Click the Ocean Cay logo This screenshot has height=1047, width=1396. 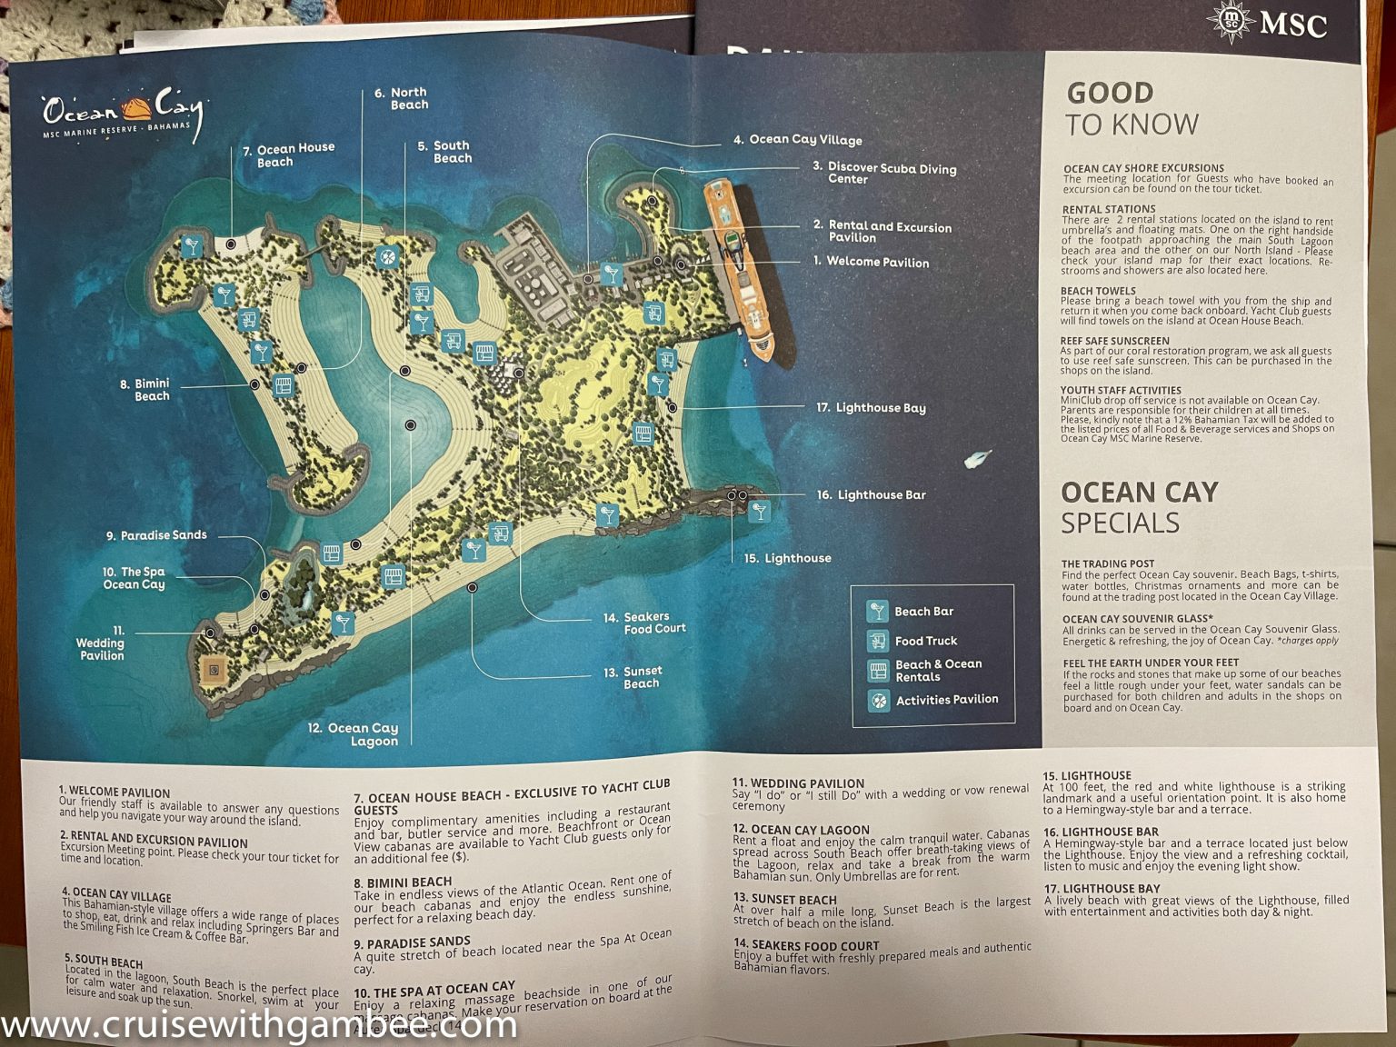click(122, 113)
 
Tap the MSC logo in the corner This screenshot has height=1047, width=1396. click(1268, 24)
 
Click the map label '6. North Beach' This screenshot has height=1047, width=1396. click(402, 98)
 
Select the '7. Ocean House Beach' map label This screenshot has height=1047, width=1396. click(289, 155)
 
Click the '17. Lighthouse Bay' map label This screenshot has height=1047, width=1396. click(871, 407)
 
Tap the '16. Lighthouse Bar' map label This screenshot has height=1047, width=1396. click(872, 494)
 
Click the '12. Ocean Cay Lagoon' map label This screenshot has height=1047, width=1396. click(354, 733)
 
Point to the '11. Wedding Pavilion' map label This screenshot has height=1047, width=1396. click(101, 643)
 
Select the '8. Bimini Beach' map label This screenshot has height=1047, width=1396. click(145, 390)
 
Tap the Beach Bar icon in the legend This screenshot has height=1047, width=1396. click(878, 611)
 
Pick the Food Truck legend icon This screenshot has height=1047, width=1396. click(878, 641)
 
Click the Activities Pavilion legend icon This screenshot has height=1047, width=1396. click(878, 700)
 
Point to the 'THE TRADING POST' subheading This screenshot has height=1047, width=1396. click(1107, 563)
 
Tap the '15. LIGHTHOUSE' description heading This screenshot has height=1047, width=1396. click(1086, 775)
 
